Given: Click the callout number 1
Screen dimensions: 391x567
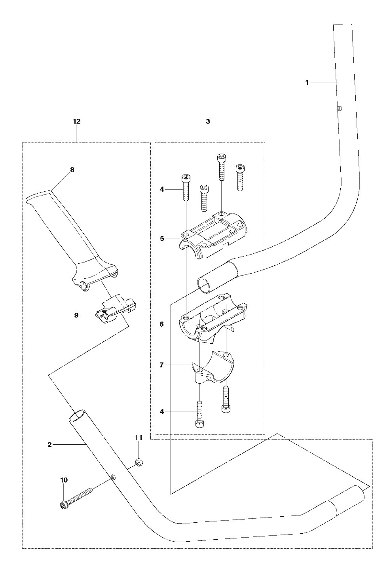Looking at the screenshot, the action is click(307, 83).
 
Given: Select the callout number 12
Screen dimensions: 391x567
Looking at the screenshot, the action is click(76, 122).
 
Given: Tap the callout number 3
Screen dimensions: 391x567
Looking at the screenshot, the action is click(208, 122).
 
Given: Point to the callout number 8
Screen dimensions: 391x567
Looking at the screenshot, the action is click(72, 170).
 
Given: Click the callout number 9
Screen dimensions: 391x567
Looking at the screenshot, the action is click(76, 315).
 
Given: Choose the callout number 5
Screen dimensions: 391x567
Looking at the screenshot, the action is click(162, 238).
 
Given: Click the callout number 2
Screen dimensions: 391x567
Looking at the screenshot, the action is click(49, 445).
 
